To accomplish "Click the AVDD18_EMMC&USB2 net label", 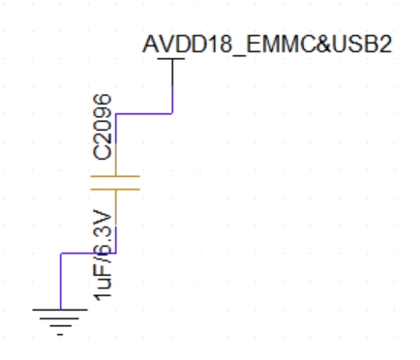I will (x=266, y=45).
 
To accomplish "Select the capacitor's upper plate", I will (x=116, y=176).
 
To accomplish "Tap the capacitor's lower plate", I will (x=116, y=189).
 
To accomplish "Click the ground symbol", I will (x=62, y=319).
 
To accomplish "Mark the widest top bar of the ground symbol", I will (x=62, y=311).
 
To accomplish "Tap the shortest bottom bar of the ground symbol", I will (x=62, y=330).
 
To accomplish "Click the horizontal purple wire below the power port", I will (x=144, y=113).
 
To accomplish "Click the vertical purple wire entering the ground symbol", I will (x=62, y=281).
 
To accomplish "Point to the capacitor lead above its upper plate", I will (x=116, y=145).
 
